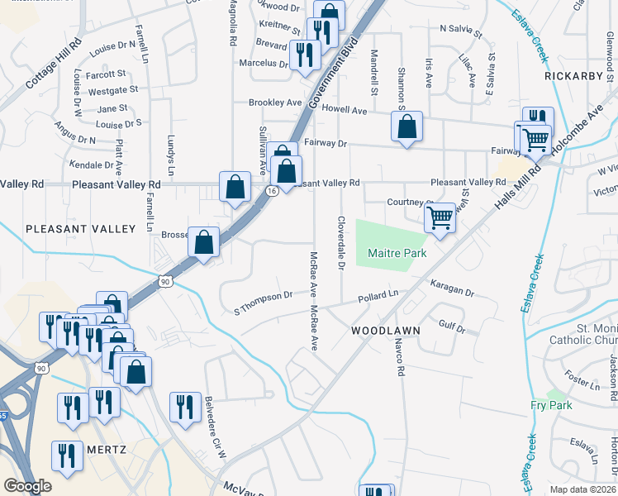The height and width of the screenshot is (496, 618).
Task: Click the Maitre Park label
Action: click(x=397, y=253)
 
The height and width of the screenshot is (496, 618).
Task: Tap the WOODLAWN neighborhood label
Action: click(x=386, y=330)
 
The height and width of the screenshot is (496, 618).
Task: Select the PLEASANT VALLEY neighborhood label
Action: click(x=80, y=228)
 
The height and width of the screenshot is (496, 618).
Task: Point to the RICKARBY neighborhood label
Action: click(x=576, y=75)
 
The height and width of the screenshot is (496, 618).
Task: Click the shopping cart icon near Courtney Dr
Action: click(x=441, y=218)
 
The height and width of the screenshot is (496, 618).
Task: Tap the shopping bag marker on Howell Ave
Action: click(x=406, y=126)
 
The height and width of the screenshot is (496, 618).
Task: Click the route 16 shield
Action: click(x=271, y=191)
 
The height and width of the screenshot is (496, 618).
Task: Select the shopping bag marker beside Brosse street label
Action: click(x=204, y=242)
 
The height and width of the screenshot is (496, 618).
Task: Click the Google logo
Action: click(x=27, y=486)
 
